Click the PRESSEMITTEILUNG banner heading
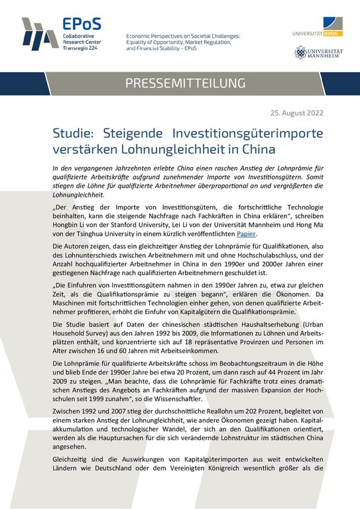[x=180, y=83]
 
